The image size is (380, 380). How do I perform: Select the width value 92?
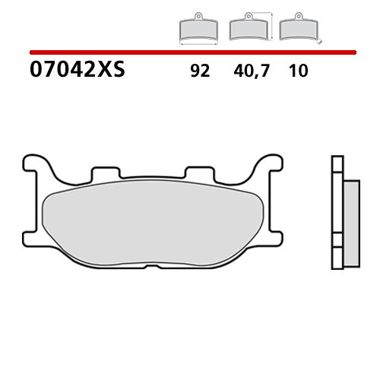(200, 71)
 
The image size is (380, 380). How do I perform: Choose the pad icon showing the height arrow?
(248, 29)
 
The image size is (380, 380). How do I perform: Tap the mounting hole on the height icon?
(248, 17)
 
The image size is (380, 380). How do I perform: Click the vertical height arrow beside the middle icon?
(273, 24)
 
